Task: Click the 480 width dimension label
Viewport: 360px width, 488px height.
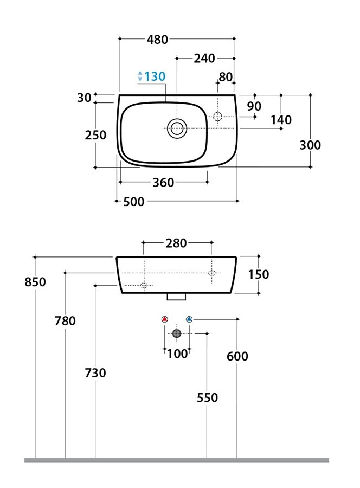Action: coord(157,40)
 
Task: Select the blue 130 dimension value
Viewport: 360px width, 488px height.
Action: coord(155,76)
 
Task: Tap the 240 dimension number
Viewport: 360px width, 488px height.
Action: coord(204,58)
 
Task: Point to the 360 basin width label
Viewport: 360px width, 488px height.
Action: coord(163,182)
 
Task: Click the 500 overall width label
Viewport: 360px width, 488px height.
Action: coord(134,202)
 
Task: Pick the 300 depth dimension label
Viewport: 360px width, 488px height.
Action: coord(310,145)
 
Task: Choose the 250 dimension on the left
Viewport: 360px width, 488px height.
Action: coord(95,135)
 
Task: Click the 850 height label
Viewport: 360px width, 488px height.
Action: coord(35,282)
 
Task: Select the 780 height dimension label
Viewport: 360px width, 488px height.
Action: coord(65,321)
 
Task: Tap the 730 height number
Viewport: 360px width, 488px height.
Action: coord(95,373)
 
